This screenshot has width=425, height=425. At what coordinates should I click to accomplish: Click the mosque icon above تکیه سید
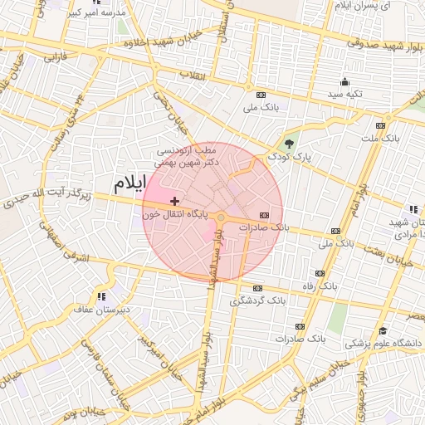click(x=344, y=81)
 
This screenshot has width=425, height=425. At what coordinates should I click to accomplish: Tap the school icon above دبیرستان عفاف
click(x=101, y=296)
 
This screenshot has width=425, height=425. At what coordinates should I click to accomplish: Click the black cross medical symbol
click(x=174, y=201)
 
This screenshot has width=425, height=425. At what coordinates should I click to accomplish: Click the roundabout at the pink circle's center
click(x=221, y=217)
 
